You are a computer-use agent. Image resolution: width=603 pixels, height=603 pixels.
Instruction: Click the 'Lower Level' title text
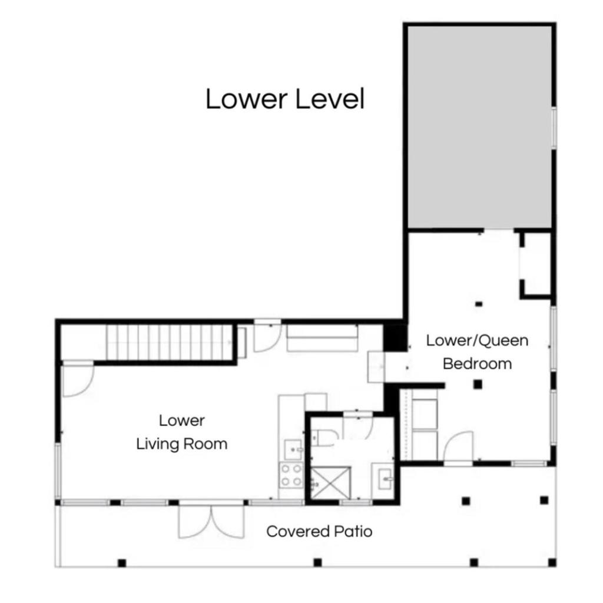pyautogui.click(x=285, y=99)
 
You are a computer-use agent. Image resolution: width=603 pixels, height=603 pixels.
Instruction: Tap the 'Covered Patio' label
pyautogui.click(x=319, y=532)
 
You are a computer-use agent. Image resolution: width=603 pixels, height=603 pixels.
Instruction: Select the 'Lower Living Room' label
pyautogui.click(x=182, y=432)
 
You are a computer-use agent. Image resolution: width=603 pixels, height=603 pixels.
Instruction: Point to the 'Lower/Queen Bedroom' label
pyautogui.click(x=477, y=352)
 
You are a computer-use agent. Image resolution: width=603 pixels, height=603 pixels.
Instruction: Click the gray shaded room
pyautogui.click(x=479, y=127)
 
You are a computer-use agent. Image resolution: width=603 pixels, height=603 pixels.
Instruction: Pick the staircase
pyautogui.click(x=169, y=342)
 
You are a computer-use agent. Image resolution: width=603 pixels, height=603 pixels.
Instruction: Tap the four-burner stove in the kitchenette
pyautogui.click(x=291, y=476)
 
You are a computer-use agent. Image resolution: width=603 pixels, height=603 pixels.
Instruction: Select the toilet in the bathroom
pyautogui.click(x=324, y=438)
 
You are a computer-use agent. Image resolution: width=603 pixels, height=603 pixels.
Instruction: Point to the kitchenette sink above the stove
pyautogui.click(x=293, y=449)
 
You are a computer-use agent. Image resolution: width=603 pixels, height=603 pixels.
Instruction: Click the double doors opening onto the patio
pyautogui.click(x=211, y=522)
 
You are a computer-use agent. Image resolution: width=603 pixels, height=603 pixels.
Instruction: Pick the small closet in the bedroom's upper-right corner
pyautogui.click(x=536, y=264)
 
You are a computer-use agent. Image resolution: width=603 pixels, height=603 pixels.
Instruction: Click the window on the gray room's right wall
pyautogui.click(x=554, y=127)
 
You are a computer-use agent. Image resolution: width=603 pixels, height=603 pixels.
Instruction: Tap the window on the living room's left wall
pyautogui.click(x=58, y=471)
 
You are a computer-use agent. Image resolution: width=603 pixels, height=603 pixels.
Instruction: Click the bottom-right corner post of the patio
pyautogui.click(x=552, y=562)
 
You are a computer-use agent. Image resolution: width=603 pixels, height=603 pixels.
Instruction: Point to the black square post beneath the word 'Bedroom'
pyautogui.click(x=478, y=384)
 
